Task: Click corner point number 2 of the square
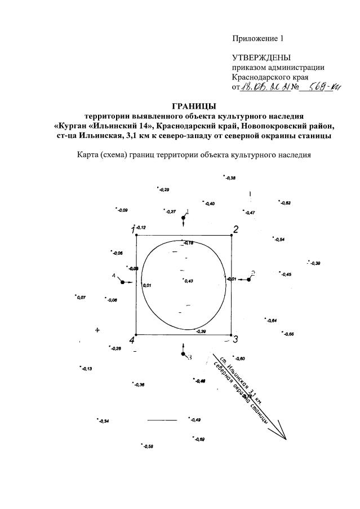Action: click(x=232, y=236)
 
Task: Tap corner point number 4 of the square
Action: click(x=136, y=335)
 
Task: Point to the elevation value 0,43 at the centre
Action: click(x=188, y=281)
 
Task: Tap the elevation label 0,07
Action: click(x=81, y=297)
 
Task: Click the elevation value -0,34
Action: click(x=103, y=421)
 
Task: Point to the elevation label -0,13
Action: click(x=86, y=369)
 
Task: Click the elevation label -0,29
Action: click(x=164, y=190)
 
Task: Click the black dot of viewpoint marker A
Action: click(x=122, y=282)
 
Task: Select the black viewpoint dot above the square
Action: click(x=183, y=218)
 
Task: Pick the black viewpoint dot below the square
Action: click(x=183, y=353)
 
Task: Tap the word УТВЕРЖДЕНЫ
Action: click(x=261, y=58)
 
